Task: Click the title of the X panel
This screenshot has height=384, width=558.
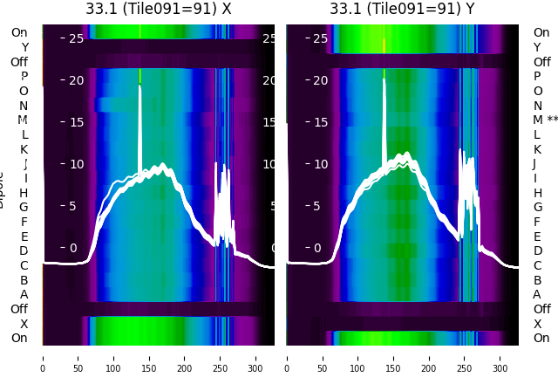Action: (x=159, y=9)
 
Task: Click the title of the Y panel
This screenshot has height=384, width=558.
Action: (x=403, y=9)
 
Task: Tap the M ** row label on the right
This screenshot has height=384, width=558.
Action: (x=546, y=120)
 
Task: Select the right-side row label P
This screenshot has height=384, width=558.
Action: (x=537, y=76)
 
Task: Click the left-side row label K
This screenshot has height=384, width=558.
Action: (x=24, y=149)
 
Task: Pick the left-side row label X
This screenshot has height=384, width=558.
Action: (x=24, y=324)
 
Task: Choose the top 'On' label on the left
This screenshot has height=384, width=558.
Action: (x=19, y=32)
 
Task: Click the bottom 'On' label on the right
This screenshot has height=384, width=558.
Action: (x=541, y=338)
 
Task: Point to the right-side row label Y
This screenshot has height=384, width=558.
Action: (x=537, y=47)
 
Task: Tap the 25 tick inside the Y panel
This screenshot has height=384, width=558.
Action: (x=321, y=38)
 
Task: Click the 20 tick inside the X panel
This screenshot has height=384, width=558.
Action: (x=77, y=80)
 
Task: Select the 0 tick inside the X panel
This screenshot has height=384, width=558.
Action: (x=73, y=248)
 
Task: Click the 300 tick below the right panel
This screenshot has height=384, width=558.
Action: (x=500, y=358)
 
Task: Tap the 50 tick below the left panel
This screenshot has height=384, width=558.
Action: (x=78, y=358)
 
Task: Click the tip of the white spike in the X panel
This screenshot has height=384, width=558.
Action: (x=139, y=86)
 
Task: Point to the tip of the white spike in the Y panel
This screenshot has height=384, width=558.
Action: (x=384, y=79)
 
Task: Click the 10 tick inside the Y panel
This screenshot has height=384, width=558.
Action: (x=321, y=164)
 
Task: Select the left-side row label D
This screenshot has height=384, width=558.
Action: (x=24, y=250)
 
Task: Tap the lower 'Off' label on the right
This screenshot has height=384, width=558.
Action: (x=541, y=309)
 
